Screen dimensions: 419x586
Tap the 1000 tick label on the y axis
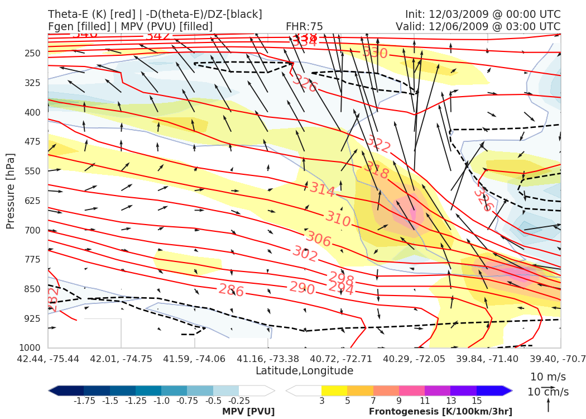pyautogui.click(x=32, y=348)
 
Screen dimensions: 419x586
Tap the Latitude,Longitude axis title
pyautogui.click(x=304, y=371)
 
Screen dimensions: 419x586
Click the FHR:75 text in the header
pyautogui.click(x=304, y=26)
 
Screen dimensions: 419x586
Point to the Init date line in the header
pyautogui.click(x=482, y=14)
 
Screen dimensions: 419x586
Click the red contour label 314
pyautogui.click(x=322, y=190)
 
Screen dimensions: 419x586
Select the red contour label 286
pyautogui.click(x=230, y=290)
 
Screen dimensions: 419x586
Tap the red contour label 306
pyautogui.click(x=319, y=240)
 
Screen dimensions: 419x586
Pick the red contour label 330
pyautogui.click(x=374, y=53)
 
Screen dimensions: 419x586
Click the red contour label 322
pyautogui.click(x=378, y=145)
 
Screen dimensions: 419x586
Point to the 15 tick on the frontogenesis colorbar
pyautogui.click(x=477, y=400)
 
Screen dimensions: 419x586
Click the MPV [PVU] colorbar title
pyautogui.click(x=248, y=412)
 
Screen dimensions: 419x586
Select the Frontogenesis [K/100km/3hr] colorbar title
pyautogui.click(x=440, y=412)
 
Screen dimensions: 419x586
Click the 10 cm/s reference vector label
pyautogui.click(x=548, y=392)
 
